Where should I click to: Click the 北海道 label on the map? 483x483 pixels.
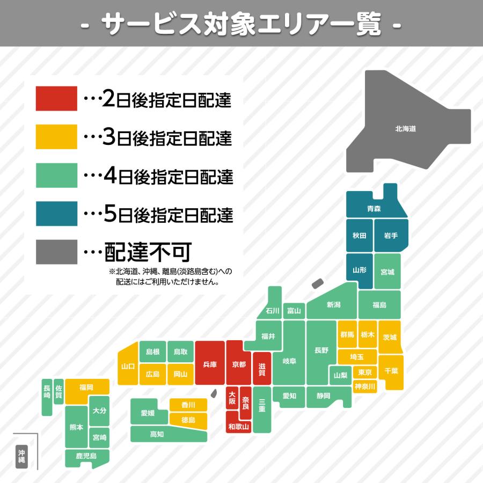[x=406, y=129]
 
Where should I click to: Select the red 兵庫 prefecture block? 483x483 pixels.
[x=210, y=364]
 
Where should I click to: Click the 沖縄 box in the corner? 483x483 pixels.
[x=21, y=456]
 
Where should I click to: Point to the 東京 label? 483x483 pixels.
[x=365, y=372]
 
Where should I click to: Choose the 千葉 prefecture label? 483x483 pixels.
[x=391, y=371]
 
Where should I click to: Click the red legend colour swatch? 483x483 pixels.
[x=56, y=99]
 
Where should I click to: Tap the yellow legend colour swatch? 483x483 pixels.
[x=56, y=137]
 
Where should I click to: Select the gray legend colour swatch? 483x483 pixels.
[x=56, y=252]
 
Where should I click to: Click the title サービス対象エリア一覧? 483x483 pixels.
[x=241, y=24]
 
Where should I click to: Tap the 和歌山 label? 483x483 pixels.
[x=239, y=427]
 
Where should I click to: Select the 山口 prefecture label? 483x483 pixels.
[x=128, y=367]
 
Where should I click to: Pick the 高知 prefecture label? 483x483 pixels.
[x=157, y=434]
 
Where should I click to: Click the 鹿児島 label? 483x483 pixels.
[x=86, y=456]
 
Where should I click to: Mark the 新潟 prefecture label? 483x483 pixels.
[x=333, y=304]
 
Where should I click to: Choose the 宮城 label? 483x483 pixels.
[x=387, y=272]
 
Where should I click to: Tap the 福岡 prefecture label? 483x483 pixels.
[x=86, y=387]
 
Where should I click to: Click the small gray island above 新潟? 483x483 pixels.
[x=318, y=284]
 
